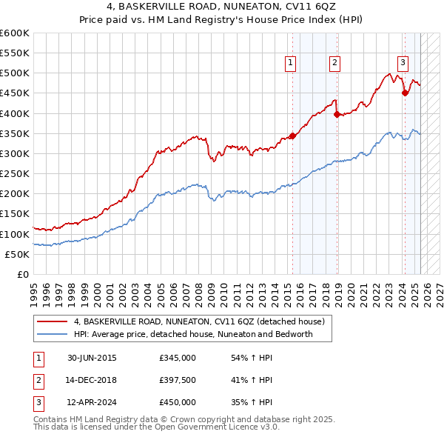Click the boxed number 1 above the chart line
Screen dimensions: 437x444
[x=291, y=63]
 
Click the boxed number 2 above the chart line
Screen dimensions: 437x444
[x=335, y=63]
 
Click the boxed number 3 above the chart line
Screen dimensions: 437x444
[x=403, y=63]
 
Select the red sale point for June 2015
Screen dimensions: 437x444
[x=292, y=136]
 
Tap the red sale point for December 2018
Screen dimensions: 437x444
[x=337, y=114]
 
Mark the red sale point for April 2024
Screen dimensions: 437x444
[x=405, y=93]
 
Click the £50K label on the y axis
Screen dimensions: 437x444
[x=16, y=254]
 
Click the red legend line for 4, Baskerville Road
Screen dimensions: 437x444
[x=52, y=322]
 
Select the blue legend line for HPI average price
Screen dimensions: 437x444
[x=52, y=334]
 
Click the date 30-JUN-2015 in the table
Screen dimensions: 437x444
[x=92, y=358]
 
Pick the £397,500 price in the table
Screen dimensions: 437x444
[x=178, y=380]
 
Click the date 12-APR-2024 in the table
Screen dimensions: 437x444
[x=92, y=402]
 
